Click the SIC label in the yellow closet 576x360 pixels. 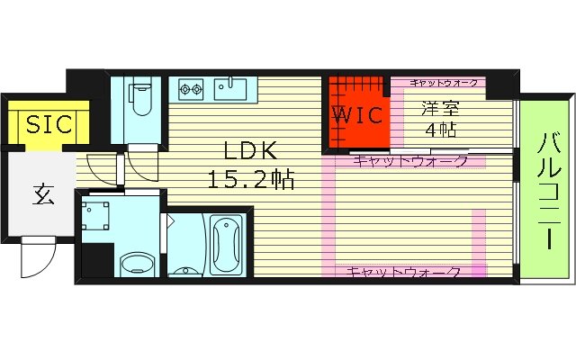click(48, 124)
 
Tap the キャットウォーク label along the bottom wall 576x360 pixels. click(404, 272)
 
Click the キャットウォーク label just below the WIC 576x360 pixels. click(409, 162)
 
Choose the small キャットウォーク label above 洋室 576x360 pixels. click(444, 83)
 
